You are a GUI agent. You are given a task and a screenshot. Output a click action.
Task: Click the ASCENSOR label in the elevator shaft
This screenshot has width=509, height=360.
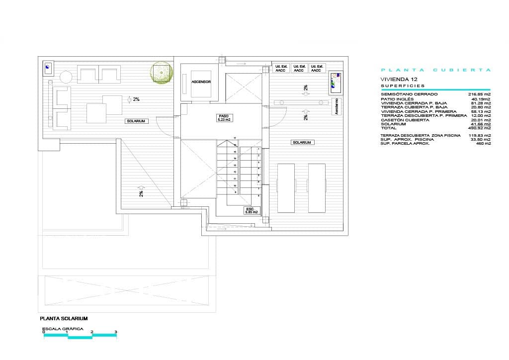201,82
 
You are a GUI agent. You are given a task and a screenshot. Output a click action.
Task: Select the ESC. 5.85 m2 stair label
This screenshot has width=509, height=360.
252,210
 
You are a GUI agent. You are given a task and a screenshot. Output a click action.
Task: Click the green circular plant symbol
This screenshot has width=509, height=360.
162,72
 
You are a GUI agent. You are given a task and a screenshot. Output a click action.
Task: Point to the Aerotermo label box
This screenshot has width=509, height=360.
337,106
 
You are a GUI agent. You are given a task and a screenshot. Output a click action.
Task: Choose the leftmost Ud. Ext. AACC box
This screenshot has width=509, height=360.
282,68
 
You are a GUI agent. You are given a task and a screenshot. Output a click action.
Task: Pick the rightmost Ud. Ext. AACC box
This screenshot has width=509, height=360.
317,68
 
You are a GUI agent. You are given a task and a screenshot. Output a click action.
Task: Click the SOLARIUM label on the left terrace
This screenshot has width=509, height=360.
136,121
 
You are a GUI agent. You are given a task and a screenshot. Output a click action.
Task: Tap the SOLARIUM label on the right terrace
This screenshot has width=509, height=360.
302,142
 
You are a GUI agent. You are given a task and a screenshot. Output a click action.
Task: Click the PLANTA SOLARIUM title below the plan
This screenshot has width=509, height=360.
64,318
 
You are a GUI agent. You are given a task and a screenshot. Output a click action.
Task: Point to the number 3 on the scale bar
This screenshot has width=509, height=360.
116,332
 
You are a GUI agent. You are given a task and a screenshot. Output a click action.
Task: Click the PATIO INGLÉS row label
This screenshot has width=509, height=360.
398,99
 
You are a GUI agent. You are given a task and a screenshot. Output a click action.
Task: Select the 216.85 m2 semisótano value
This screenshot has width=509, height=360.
480,94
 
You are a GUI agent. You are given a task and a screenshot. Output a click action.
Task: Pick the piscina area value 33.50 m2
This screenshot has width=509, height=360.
481,139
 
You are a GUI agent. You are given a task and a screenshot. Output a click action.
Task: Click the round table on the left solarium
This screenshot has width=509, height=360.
66,78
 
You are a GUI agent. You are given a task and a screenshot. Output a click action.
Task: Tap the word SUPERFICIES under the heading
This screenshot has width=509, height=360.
403,86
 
